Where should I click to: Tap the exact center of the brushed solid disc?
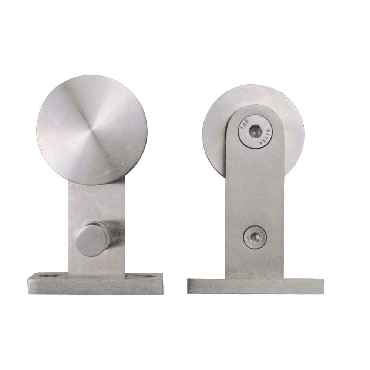pyautogui.click(x=92, y=130)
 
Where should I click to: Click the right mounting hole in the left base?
pyautogui.click(x=145, y=276)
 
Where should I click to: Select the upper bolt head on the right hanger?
pyautogui.click(x=255, y=131)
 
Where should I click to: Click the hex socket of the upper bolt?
pyautogui.click(x=255, y=131)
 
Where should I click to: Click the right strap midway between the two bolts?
pyautogui.click(x=255, y=185)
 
